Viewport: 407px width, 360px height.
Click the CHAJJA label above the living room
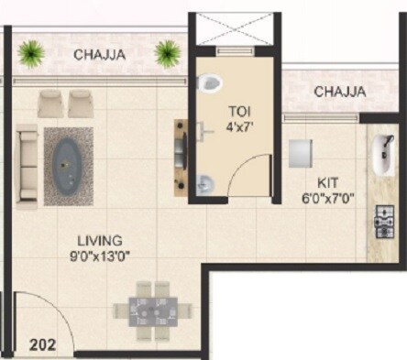pyautogui.click(x=100, y=54)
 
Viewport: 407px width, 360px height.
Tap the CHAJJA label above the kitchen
pyautogui.click(x=340, y=92)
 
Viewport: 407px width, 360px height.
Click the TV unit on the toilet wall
pyautogui.click(x=180, y=158)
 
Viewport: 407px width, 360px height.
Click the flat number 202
pyautogui.click(x=41, y=345)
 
